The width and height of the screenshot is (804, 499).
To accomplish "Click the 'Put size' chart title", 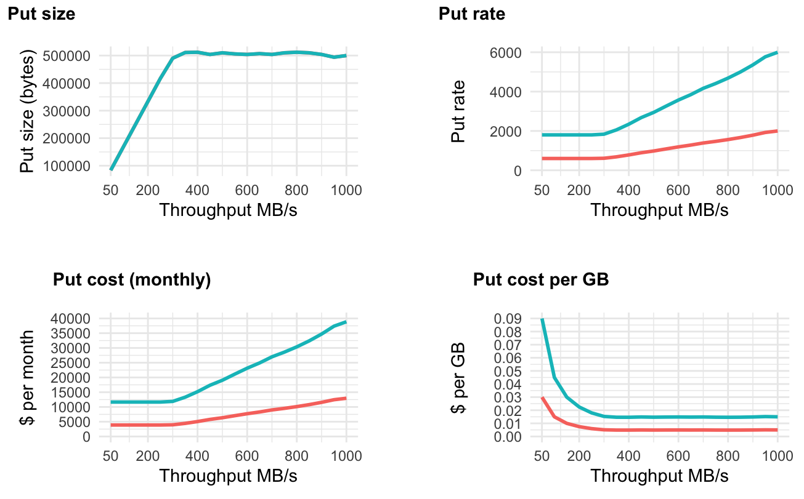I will (41, 14).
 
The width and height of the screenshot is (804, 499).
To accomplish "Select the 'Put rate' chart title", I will (472, 14).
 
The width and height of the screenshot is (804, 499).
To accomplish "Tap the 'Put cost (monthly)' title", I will (132, 280).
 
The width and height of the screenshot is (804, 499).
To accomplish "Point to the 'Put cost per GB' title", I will (541, 280).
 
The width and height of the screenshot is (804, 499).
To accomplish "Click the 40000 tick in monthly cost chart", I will (73, 318).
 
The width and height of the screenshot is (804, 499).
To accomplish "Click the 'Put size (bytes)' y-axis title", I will (28, 111).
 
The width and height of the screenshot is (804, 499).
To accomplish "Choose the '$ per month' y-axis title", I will (28, 377).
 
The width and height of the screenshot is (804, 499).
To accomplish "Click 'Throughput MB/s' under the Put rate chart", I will (659, 210).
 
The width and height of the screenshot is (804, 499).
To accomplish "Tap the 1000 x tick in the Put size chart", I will (346, 190).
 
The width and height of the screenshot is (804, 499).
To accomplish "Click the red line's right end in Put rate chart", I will (778, 130).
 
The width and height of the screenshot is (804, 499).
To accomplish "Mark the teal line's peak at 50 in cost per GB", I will (542, 319).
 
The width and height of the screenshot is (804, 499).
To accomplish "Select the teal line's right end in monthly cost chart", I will (346, 322).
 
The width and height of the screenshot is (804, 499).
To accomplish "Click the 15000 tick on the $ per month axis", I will (73, 392).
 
